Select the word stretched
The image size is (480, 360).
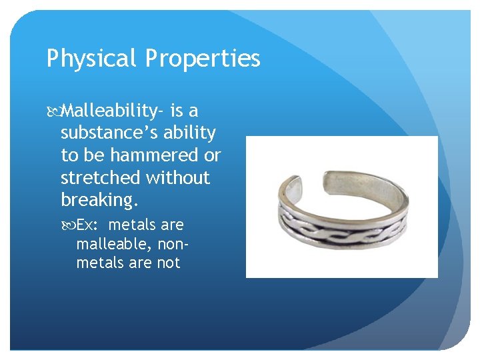pyautogui.click(x=97, y=178)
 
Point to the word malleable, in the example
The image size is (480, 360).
pyautogui.click(x=110, y=244)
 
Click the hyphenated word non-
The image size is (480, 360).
pyautogui.click(x=166, y=244)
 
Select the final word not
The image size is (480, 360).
pyautogui.click(x=169, y=263)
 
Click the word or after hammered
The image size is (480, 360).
pyautogui.click(x=212, y=155)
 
